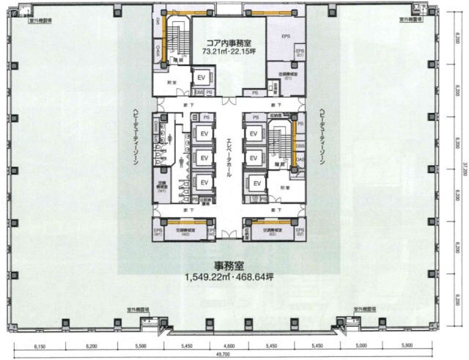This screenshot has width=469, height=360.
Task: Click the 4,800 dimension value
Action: point(230,343)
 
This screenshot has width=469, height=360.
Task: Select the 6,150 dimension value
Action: point(40,343)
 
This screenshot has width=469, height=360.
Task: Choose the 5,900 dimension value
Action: point(408,343)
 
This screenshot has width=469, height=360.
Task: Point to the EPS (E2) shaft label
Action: point(300,232)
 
